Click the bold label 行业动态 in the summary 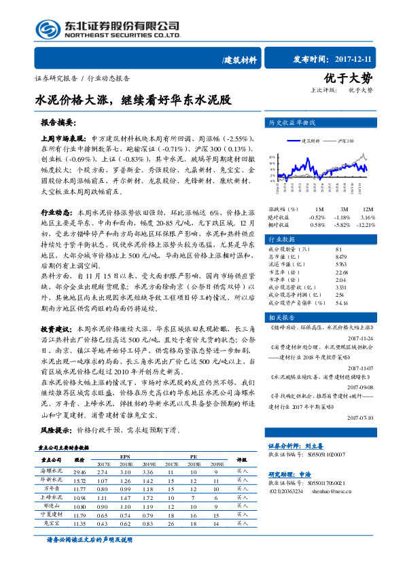pyautogui.click(x=57, y=213)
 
